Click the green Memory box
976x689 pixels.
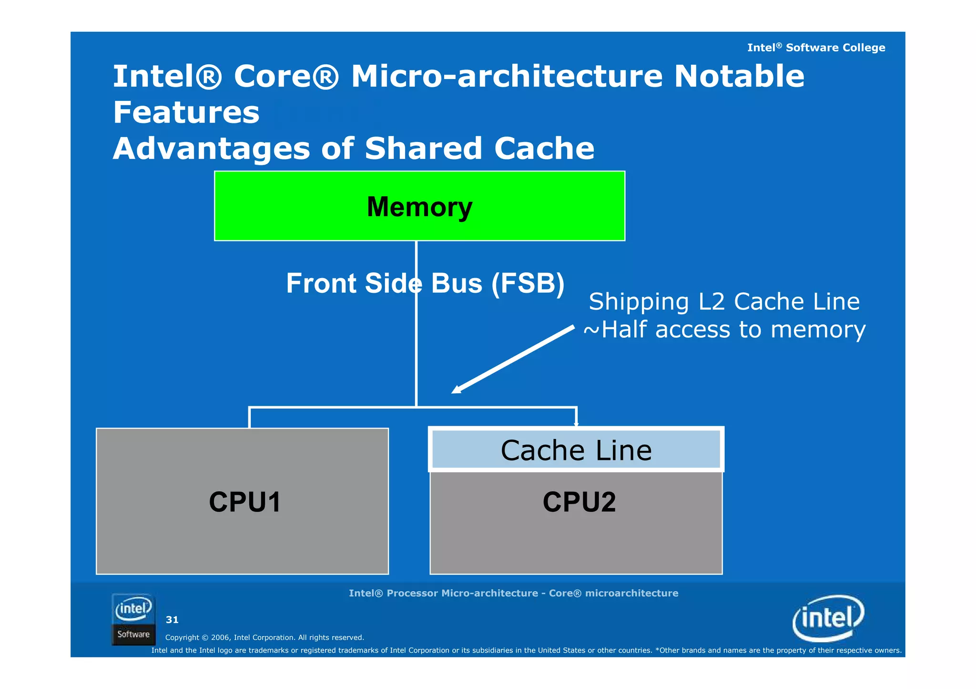(x=419, y=206)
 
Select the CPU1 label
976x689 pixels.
(x=245, y=502)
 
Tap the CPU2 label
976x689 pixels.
(x=579, y=502)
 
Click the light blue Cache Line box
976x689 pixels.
(x=576, y=450)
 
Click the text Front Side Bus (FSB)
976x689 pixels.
(x=425, y=283)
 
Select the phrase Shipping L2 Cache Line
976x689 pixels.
(x=724, y=302)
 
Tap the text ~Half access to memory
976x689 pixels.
(x=724, y=330)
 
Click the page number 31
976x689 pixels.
(x=172, y=619)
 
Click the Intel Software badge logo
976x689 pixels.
(x=133, y=619)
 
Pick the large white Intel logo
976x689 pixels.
(x=828, y=618)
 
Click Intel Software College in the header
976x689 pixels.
(x=816, y=48)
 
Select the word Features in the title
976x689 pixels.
(x=186, y=113)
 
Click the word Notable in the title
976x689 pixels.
(x=739, y=76)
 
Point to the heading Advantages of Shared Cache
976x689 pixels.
(x=354, y=149)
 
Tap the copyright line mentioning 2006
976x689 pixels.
(x=264, y=638)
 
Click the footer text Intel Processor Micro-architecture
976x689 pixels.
(x=513, y=593)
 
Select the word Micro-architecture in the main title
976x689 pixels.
(x=507, y=76)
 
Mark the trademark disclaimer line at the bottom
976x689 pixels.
(x=526, y=650)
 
